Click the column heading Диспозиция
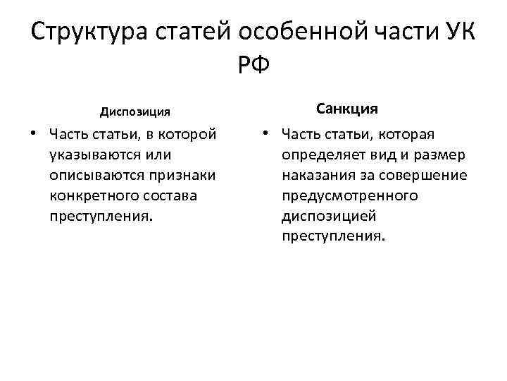click(x=135, y=111)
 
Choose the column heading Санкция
click(x=347, y=109)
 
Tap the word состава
click(x=174, y=195)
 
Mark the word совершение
click(x=426, y=174)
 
